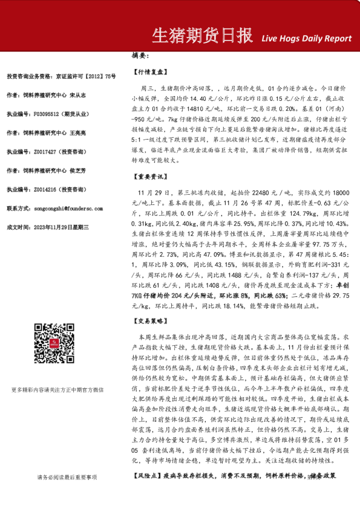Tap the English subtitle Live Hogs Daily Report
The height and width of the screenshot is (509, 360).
tap(306, 38)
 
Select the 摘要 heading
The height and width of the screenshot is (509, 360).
tap(140, 56)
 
